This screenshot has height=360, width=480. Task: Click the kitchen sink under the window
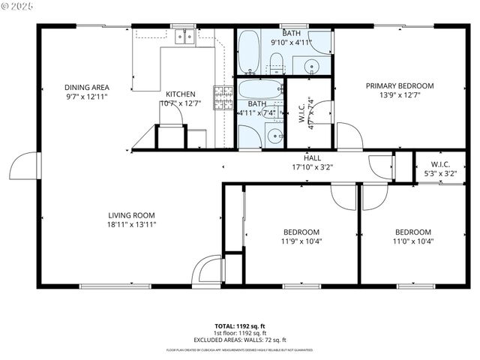[184, 36]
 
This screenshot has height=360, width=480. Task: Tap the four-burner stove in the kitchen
[223, 97]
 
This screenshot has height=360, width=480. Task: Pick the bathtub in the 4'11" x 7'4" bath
[259, 91]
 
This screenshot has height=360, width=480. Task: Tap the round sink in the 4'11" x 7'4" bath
[275, 136]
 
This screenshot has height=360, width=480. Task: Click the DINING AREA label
[86, 87]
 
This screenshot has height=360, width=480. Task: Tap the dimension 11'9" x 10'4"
[301, 241]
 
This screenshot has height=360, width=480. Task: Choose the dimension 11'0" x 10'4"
[412, 241]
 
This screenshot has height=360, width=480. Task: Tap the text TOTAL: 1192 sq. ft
[239, 325]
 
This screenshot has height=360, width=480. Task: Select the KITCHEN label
[181, 94]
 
